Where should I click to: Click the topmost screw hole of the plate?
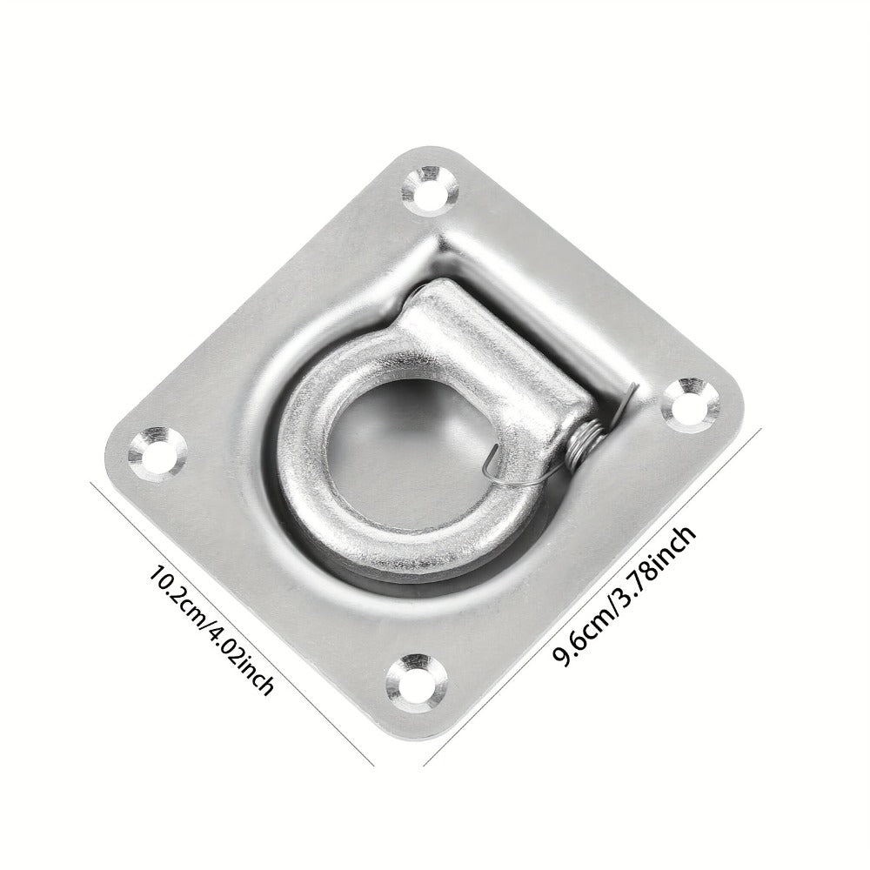tap(431, 190)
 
